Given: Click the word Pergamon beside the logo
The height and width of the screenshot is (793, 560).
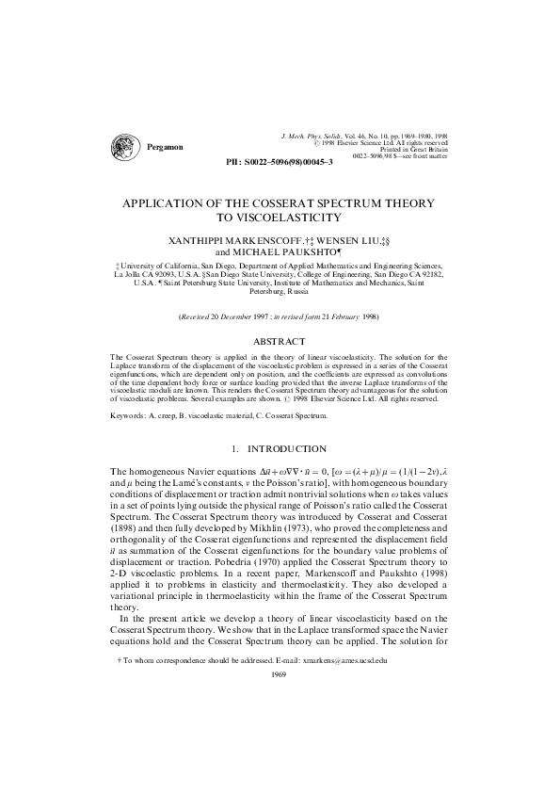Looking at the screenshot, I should click(x=166, y=148).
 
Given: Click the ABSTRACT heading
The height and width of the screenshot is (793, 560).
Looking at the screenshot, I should click(x=280, y=340).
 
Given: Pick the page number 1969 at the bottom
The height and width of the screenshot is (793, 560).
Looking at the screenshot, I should click(x=279, y=674).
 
